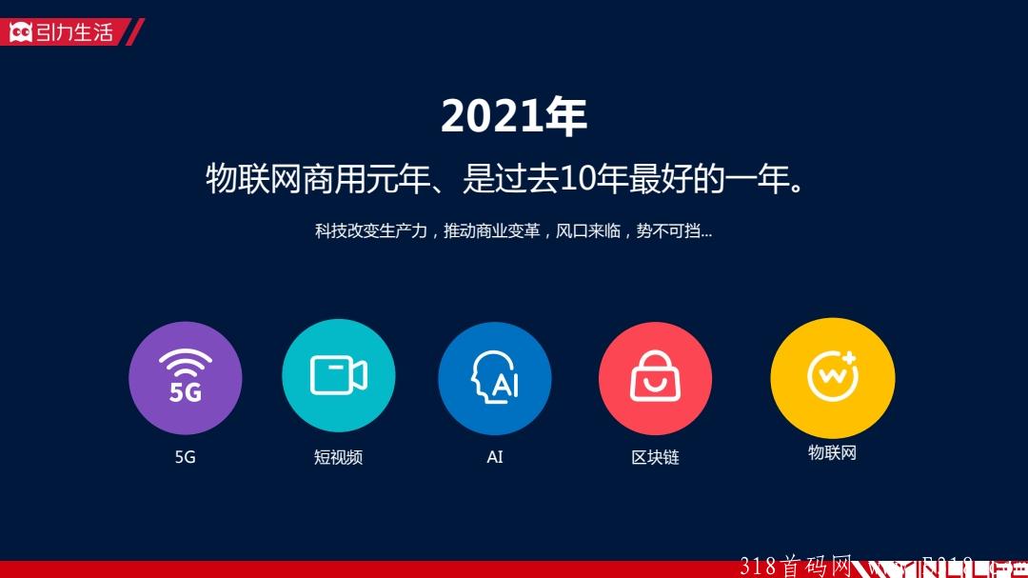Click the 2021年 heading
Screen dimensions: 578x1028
click(x=513, y=117)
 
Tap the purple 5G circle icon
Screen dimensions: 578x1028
click(x=186, y=378)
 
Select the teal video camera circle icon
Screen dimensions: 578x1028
click(x=338, y=376)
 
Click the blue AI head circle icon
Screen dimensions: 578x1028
click(x=495, y=378)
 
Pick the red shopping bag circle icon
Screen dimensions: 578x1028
click(x=655, y=378)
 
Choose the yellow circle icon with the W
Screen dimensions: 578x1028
click(x=832, y=377)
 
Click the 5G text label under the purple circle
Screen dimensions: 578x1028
click(x=186, y=457)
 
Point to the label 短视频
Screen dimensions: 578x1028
click(x=338, y=457)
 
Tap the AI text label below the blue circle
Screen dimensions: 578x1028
click(x=495, y=457)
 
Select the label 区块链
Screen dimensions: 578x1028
click(x=655, y=457)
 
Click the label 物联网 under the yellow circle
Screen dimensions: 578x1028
click(x=832, y=452)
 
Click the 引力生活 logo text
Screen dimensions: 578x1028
click(x=75, y=32)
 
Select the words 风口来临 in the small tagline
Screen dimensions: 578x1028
click(x=588, y=231)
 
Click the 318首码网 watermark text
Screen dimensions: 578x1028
click(x=796, y=567)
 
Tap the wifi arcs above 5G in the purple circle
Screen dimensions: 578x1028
click(x=186, y=363)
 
